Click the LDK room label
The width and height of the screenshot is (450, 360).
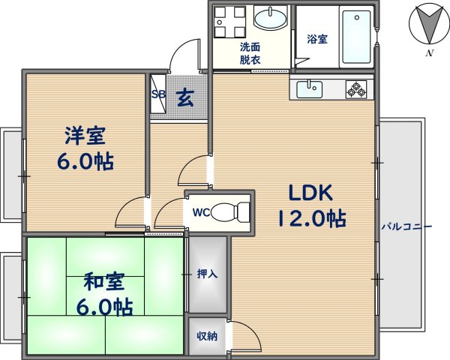coord(311,192)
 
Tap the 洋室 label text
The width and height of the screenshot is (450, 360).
coord(85,135)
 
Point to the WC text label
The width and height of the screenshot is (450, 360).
coord(202,212)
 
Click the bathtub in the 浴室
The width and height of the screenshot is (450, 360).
coord(356,37)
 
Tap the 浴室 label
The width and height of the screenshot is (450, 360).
coord(317,39)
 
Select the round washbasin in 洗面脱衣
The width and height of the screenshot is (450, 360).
coord(270,19)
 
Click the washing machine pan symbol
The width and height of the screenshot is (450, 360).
coord(230,22)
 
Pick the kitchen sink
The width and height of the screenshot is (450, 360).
coord(309,89)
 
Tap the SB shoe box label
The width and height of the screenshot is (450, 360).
coord(159,94)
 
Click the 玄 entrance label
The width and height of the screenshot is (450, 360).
coord(185,98)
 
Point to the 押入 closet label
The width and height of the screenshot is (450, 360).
coord(207,274)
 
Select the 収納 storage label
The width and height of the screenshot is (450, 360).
coord(207,336)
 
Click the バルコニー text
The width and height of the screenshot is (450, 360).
coord(406,226)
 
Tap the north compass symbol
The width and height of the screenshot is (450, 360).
coord(429,25)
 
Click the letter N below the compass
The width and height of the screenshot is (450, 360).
coord(430,52)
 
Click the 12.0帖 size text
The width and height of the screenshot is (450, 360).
coord(312,219)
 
